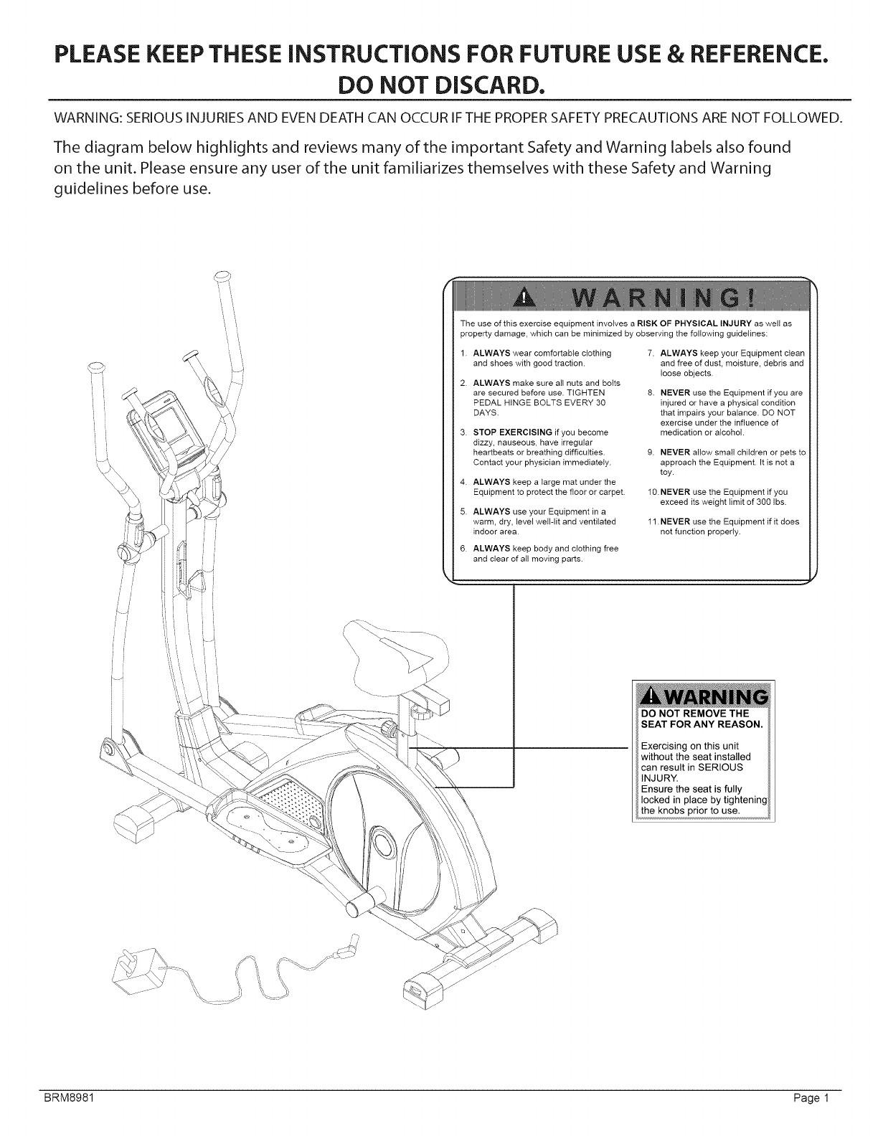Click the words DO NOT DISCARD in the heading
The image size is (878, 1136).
(439, 85)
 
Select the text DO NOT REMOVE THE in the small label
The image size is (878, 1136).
(694, 714)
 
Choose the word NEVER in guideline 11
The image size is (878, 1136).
(674, 521)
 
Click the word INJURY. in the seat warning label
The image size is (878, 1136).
(659, 777)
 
